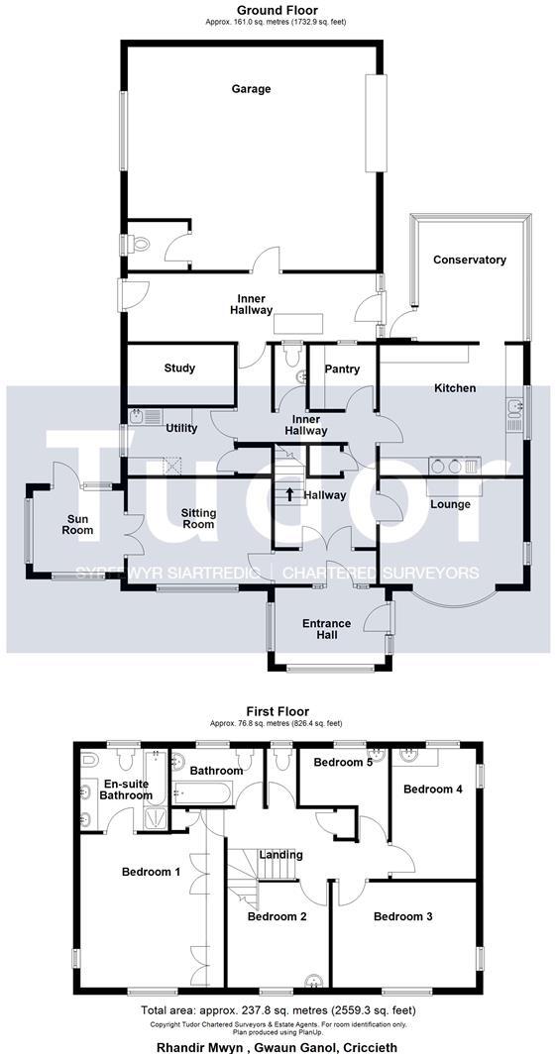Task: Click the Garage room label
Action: click(x=251, y=89)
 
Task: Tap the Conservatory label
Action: click(x=470, y=260)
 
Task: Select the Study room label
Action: click(x=179, y=369)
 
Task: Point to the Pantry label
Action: click(x=342, y=369)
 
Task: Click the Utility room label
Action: click(x=181, y=429)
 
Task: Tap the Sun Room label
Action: click(x=78, y=524)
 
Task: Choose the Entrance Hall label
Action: click(x=326, y=629)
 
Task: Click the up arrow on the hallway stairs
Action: click(x=289, y=493)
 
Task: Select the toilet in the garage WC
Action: click(x=138, y=242)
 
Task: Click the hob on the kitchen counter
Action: click(x=444, y=466)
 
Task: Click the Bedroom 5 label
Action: click(x=342, y=763)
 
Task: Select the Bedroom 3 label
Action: click(x=402, y=917)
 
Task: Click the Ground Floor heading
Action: click(x=278, y=10)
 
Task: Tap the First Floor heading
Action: click(x=278, y=711)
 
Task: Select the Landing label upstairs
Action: click(x=280, y=855)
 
